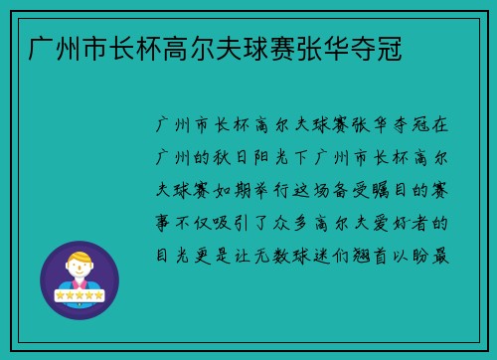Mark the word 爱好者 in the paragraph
(411, 221)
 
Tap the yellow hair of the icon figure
(79, 258)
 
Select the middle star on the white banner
(79, 295)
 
